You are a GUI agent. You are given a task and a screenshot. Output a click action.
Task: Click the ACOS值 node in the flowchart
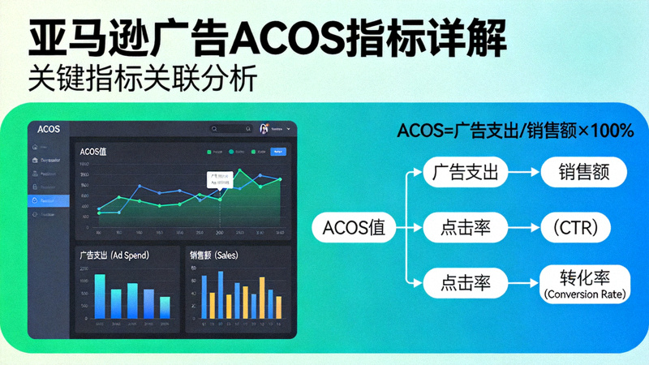click(354, 226)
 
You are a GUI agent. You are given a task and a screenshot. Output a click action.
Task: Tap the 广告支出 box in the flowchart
click(464, 172)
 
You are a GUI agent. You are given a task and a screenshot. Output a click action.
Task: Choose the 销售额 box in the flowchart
click(581, 172)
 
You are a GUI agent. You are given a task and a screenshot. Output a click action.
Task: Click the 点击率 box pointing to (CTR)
click(464, 226)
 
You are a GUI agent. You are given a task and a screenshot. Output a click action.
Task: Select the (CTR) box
click(581, 226)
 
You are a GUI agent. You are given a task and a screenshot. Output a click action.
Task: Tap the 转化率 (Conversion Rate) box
click(584, 282)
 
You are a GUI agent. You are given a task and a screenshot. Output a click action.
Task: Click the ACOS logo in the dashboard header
click(49, 128)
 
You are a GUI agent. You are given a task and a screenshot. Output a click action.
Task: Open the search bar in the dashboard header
click(231, 128)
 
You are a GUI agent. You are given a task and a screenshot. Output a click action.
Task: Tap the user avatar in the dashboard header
click(264, 128)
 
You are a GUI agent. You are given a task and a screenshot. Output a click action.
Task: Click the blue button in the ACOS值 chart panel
click(278, 152)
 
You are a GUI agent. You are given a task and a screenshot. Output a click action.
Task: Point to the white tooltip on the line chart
click(219, 178)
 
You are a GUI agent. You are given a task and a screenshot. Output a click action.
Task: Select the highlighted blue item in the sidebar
click(48, 200)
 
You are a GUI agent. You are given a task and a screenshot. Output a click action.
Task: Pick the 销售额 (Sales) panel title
click(220, 254)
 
